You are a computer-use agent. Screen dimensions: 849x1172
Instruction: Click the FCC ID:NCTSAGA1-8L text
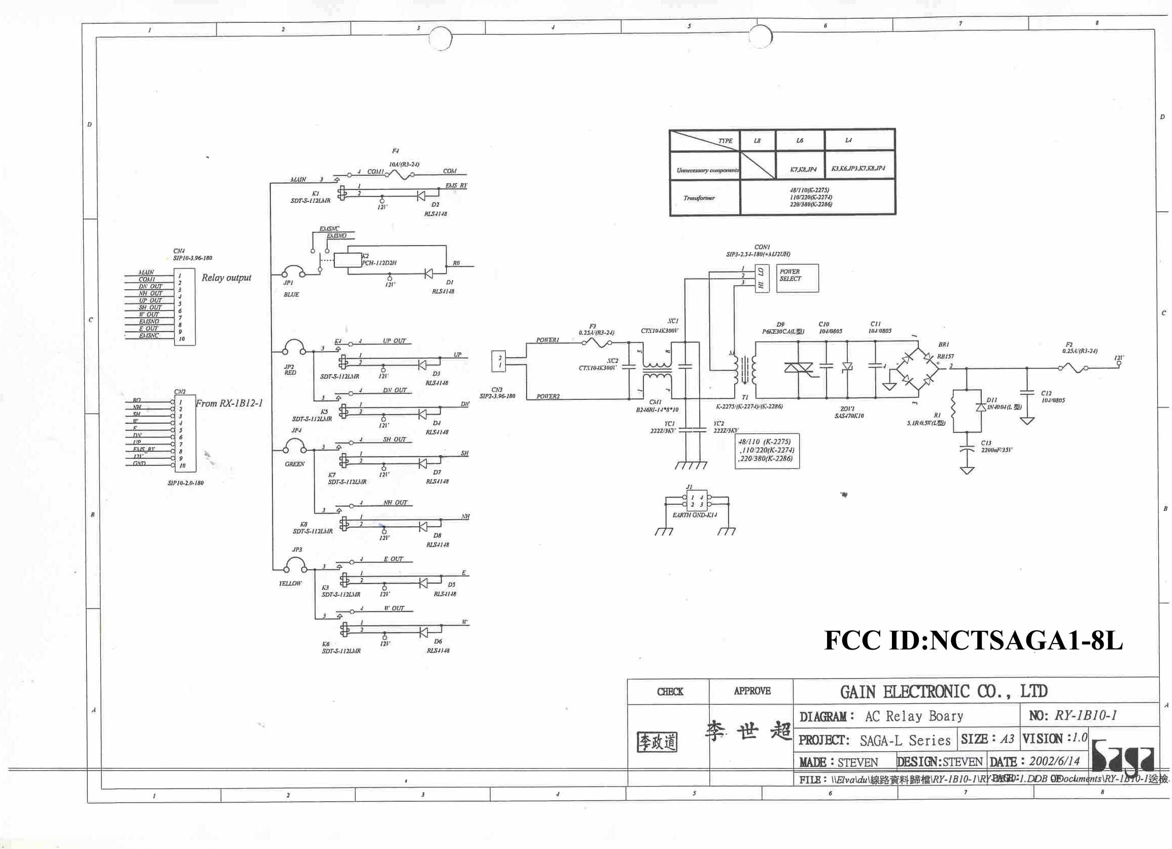point(973,641)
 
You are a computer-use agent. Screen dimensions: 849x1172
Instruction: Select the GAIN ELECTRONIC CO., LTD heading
point(944,691)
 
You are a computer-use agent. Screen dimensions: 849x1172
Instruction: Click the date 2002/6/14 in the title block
point(1054,761)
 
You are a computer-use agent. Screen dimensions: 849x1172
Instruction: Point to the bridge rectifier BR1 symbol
point(917,368)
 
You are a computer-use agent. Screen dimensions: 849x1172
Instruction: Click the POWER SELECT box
point(797,278)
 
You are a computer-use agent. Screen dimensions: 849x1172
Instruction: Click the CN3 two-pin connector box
point(498,361)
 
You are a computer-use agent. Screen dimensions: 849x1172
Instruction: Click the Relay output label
point(226,278)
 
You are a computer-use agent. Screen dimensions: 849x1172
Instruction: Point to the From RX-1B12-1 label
point(229,403)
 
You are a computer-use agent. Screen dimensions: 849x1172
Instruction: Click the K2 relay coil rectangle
point(347,260)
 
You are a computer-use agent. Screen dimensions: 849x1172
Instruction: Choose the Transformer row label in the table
point(699,198)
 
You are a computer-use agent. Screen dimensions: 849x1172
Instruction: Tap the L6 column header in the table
point(800,141)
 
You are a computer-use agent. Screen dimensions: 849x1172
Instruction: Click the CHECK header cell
point(670,691)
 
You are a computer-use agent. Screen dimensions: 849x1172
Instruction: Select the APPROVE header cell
point(752,691)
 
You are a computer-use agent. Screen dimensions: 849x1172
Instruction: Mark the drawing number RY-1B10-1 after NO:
point(1085,715)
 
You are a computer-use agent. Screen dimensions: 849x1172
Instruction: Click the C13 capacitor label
point(986,443)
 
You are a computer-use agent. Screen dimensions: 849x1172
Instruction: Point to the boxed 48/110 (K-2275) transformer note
point(767,450)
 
